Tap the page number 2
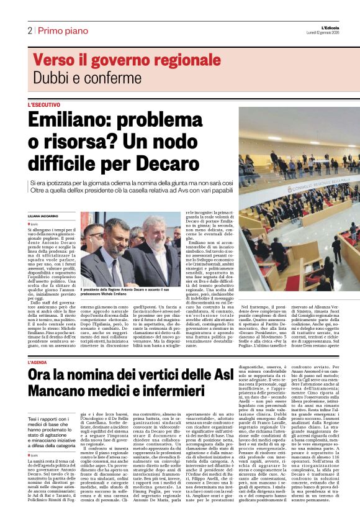tap(29, 31)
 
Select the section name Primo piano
tap(58, 31)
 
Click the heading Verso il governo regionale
tap(127, 60)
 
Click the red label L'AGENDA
tap(40, 362)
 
